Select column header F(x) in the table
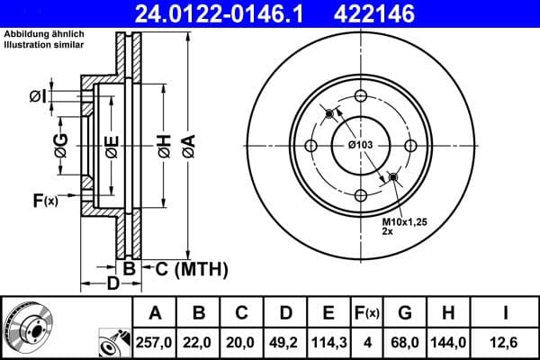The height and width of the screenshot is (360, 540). tap(367, 313)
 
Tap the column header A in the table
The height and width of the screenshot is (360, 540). tap(156, 313)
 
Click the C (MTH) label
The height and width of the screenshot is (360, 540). tap(192, 269)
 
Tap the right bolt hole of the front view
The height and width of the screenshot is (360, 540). tap(409, 146)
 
